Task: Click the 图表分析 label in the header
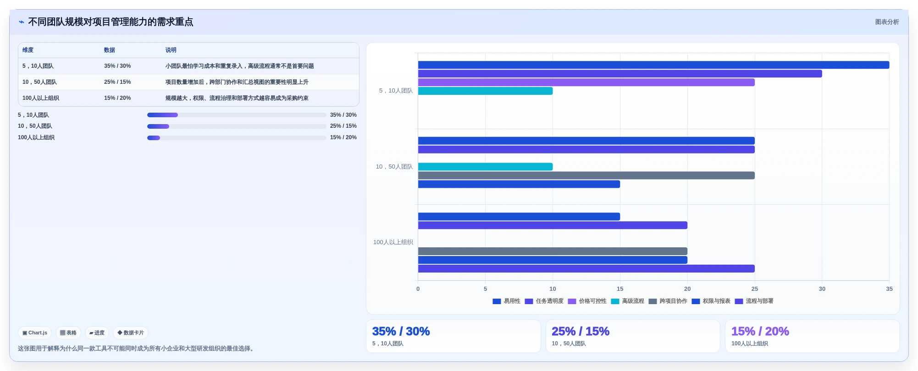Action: [887, 22]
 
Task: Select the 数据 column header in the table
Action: [109, 50]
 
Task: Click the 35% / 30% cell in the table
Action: [117, 66]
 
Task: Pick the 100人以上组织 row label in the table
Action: [41, 98]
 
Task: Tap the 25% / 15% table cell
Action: [117, 82]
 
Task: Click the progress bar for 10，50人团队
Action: [237, 126]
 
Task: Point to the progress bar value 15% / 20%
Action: [343, 137]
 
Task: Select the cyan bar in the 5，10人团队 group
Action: [485, 91]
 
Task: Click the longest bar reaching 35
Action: [653, 65]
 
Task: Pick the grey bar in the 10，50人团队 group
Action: [586, 175]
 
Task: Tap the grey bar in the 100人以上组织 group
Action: [553, 251]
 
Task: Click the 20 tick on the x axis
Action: [687, 289]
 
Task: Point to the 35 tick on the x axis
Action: [889, 289]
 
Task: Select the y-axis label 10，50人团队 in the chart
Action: [394, 167]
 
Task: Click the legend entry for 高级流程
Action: [627, 301]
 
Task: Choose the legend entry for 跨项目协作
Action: [668, 301]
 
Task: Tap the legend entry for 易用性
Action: [506, 301]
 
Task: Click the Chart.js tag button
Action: [35, 333]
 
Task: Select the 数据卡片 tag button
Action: [131, 333]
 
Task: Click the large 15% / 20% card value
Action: [760, 331]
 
